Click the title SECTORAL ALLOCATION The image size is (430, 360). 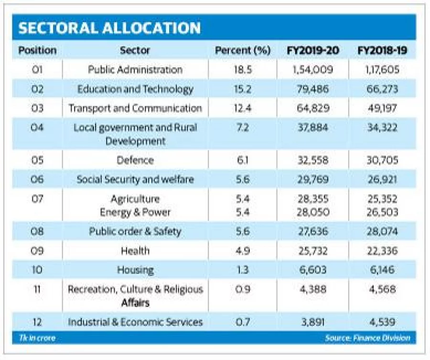coord(109,28)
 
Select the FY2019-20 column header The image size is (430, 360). coord(313,50)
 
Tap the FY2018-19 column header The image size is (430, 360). coord(382,50)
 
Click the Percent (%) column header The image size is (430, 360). coord(243,50)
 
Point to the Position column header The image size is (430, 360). coord(37,50)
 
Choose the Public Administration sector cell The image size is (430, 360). coord(135,70)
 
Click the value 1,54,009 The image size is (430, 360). coord(313,70)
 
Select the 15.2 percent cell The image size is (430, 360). coord(243,89)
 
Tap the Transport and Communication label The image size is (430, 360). coord(135,108)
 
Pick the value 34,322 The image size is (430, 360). coord(382,127)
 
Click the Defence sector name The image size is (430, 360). coord(135,160)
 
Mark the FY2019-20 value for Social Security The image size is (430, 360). coord(313,180)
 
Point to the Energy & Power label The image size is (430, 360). coord(135,212)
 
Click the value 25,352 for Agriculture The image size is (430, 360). coord(382,199)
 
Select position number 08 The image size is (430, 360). coord(37,232)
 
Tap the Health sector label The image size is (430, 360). coord(135,251)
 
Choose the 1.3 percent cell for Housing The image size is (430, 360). coord(243,270)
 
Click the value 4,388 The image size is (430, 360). coord(313,289)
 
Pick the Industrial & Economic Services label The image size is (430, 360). coord(135,322)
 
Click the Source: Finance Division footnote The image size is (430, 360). coord(367,338)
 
